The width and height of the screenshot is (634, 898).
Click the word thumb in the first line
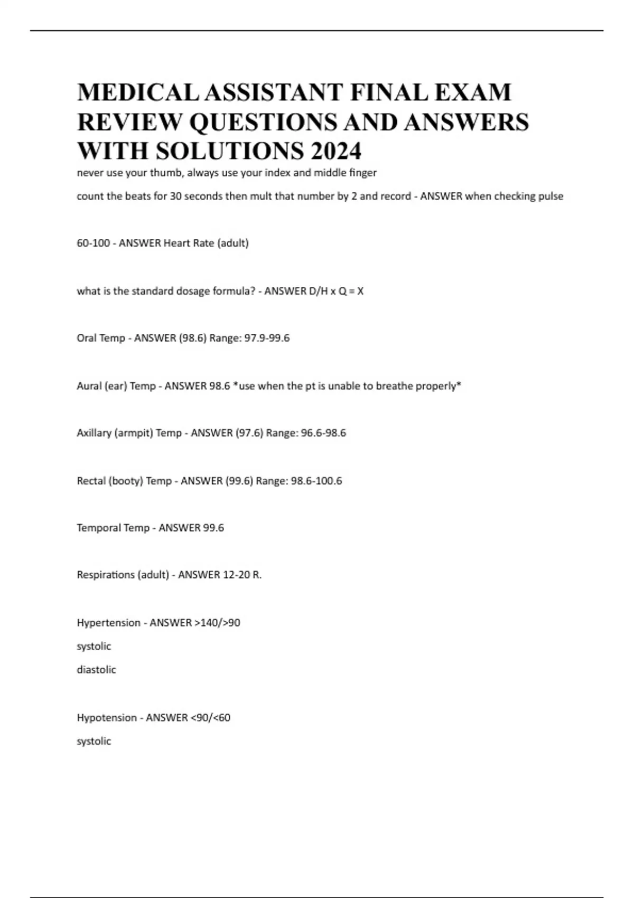(165, 173)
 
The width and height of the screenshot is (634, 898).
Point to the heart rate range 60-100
(93, 243)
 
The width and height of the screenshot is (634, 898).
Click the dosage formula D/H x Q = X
(336, 291)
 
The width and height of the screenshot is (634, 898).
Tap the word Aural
(89, 386)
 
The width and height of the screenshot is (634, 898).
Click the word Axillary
(94, 433)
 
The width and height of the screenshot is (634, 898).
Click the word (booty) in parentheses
(125, 481)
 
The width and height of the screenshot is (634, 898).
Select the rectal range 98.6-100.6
(316, 481)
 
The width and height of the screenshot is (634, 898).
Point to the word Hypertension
(108, 623)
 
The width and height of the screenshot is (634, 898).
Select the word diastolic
(96, 670)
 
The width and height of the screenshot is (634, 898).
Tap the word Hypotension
(106, 718)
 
